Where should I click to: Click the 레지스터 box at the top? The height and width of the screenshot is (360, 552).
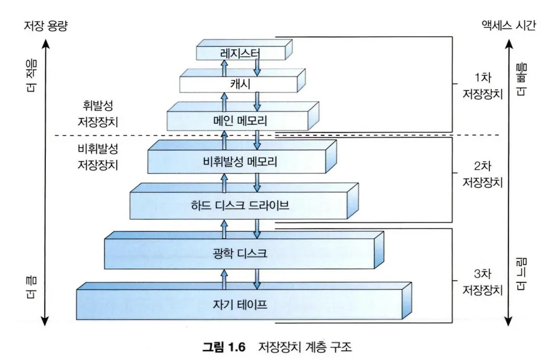click(240, 53)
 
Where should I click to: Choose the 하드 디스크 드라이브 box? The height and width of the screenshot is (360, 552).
click(240, 205)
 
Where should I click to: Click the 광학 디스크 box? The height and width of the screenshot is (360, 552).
click(240, 253)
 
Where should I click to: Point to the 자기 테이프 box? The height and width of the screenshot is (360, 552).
click(240, 305)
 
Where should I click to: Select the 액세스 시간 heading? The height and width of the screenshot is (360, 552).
click(508, 26)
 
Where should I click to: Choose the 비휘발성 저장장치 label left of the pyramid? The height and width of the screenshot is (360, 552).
click(99, 157)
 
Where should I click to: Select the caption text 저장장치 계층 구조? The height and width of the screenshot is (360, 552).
click(305, 347)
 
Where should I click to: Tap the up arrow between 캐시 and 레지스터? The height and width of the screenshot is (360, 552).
click(225, 68)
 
